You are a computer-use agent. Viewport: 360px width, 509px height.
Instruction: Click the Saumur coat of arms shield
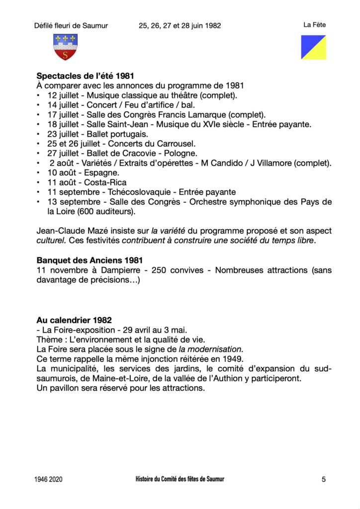click(65, 47)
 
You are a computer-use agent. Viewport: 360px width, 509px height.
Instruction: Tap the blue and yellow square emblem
click(313, 47)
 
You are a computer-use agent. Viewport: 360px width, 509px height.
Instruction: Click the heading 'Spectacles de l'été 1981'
click(86, 76)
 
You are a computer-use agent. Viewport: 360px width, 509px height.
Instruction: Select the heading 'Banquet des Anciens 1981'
click(90, 260)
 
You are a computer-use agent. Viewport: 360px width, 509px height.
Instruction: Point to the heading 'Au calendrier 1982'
click(74, 320)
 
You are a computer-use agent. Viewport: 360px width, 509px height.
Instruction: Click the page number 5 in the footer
click(324, 480)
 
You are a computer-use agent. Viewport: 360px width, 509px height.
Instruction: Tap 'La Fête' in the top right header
click(314, 25)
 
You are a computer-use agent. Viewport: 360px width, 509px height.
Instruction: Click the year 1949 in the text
click(232, 359)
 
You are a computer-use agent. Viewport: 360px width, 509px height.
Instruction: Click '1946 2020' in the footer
click(49, 480)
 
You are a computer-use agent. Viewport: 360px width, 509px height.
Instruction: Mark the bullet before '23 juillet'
click(38, 134)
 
